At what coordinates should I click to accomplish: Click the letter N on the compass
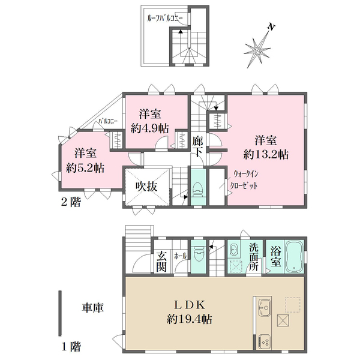point(271,27)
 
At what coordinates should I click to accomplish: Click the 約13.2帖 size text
point(266,155)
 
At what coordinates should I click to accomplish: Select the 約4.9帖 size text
point(150,128)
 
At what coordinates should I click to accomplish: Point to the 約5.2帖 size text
point(85,168)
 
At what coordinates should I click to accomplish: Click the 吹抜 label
point(146,187)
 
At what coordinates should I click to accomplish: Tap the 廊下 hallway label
point(197,146)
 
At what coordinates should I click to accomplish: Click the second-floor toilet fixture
point(198,190)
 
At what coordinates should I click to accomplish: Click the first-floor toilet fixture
point(199,254)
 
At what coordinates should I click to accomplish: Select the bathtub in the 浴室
point(294,257)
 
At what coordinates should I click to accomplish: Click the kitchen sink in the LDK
point(265,307)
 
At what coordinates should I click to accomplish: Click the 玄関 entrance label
point(161,261)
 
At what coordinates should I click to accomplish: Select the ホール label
point(181,256)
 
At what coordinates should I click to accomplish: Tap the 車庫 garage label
point(93,308)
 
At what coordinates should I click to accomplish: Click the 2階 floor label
point(71,202)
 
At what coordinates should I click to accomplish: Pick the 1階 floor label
point(71,346)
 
